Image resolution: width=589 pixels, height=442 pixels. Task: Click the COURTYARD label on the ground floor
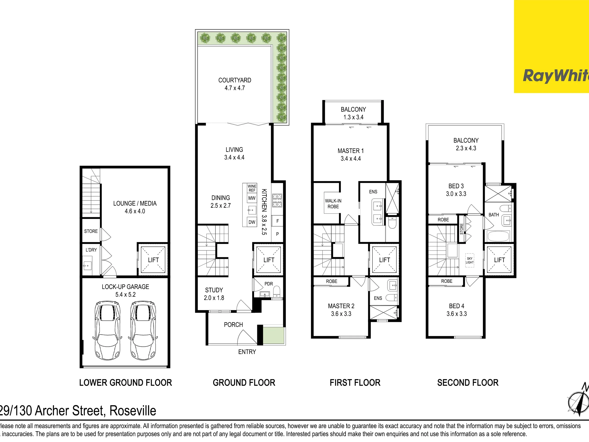pos(235,80)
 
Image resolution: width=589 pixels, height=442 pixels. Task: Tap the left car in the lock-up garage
pos(107,330)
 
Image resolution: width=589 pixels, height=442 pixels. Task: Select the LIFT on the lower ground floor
pos(153,260)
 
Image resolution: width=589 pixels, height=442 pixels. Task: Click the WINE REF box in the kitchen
pos(252,188)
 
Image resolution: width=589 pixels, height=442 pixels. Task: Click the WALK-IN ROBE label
pos(333,204)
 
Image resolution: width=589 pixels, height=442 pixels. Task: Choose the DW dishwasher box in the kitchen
pos(252,222)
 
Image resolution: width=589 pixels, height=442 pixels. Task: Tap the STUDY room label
pos(214,290)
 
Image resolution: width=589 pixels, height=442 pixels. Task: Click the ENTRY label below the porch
pos(247,352)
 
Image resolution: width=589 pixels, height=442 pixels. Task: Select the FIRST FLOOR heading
pos(355,383)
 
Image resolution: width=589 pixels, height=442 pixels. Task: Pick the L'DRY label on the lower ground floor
pos(91,250)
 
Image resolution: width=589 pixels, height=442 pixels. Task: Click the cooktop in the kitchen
pos(277,201)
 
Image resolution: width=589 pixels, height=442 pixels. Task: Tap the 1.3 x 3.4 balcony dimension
pos(353,117)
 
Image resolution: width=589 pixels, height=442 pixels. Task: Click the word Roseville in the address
pos(133,411)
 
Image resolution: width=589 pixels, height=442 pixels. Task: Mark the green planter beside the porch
pos(273,335)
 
